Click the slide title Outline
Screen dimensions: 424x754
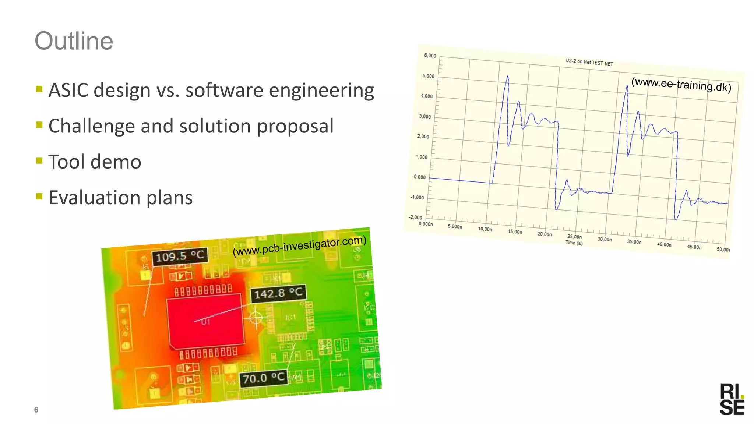74,41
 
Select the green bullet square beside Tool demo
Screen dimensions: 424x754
39,160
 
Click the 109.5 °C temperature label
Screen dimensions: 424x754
180,256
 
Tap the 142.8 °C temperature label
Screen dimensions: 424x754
278,293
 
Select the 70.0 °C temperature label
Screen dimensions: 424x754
264,378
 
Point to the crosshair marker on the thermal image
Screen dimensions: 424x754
256,317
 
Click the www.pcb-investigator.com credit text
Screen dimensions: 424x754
300,245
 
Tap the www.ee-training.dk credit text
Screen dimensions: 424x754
681,84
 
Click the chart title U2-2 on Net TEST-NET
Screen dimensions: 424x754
589,62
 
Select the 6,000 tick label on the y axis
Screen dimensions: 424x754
430,56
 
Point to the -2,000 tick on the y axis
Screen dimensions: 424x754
415,218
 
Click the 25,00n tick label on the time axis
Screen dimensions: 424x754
574,237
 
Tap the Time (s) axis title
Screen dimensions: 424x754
574,243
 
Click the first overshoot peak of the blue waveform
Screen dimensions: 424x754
507,77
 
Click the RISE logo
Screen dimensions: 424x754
732,399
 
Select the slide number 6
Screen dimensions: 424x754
36,410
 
